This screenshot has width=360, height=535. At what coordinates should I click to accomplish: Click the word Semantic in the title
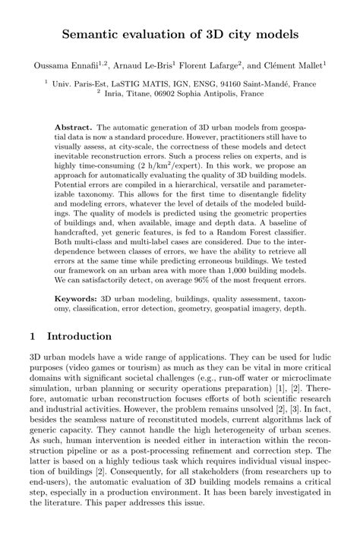pyautogui.click(x=94, y=35)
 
